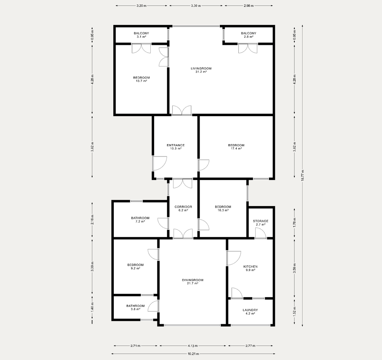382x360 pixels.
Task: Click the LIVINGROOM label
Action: [x=201, y=69]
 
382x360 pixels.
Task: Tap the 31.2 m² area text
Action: [x=201, y=72]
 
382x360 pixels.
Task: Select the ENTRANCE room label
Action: [x=176, y=145]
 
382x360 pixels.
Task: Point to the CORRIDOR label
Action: [x=183, y=207]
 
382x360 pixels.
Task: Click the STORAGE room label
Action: [x=260, y=221]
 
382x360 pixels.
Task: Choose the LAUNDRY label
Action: [x=250, y=310]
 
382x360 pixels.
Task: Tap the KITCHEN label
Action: [x=250, y=267]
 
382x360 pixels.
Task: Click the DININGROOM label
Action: [x=192, y=280]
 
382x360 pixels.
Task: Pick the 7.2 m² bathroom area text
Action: [x=140, y=221]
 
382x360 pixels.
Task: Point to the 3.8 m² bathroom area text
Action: [x=135, y=309]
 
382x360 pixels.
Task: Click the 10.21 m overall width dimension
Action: [x=193, y=354]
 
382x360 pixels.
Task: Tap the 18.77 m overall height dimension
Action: [x=302, y=176]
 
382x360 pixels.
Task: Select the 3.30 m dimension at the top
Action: [x=195, y=6]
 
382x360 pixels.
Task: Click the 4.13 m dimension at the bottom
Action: [x=192, y=345]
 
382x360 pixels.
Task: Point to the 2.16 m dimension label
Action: [x=92, y=219]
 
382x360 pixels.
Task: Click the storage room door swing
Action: [x=261, y=232]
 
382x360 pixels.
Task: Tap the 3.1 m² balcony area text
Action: [x=141, y=37]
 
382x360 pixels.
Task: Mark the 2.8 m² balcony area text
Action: [x=248, y=37]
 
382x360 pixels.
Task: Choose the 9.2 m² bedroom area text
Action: [x=135, y=268]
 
